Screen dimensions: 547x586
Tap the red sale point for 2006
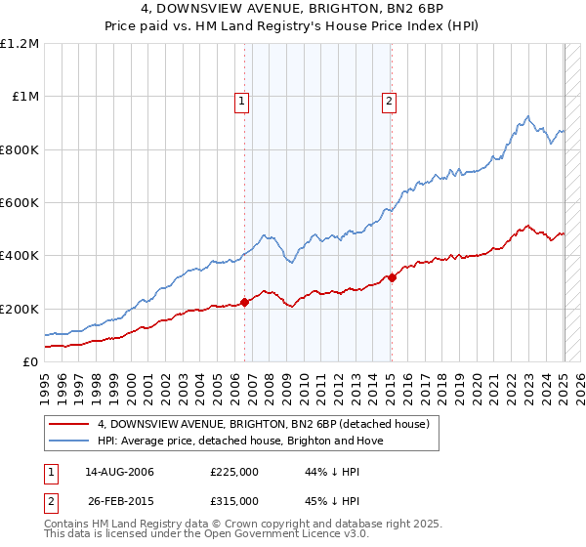coord(245,302)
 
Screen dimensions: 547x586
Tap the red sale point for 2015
coord(392,277)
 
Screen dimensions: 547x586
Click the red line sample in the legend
coord(68,424)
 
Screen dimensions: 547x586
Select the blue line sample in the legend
coord(68,441)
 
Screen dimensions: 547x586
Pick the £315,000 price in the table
coord(234,500)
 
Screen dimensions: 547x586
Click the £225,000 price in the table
coord(234,472)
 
